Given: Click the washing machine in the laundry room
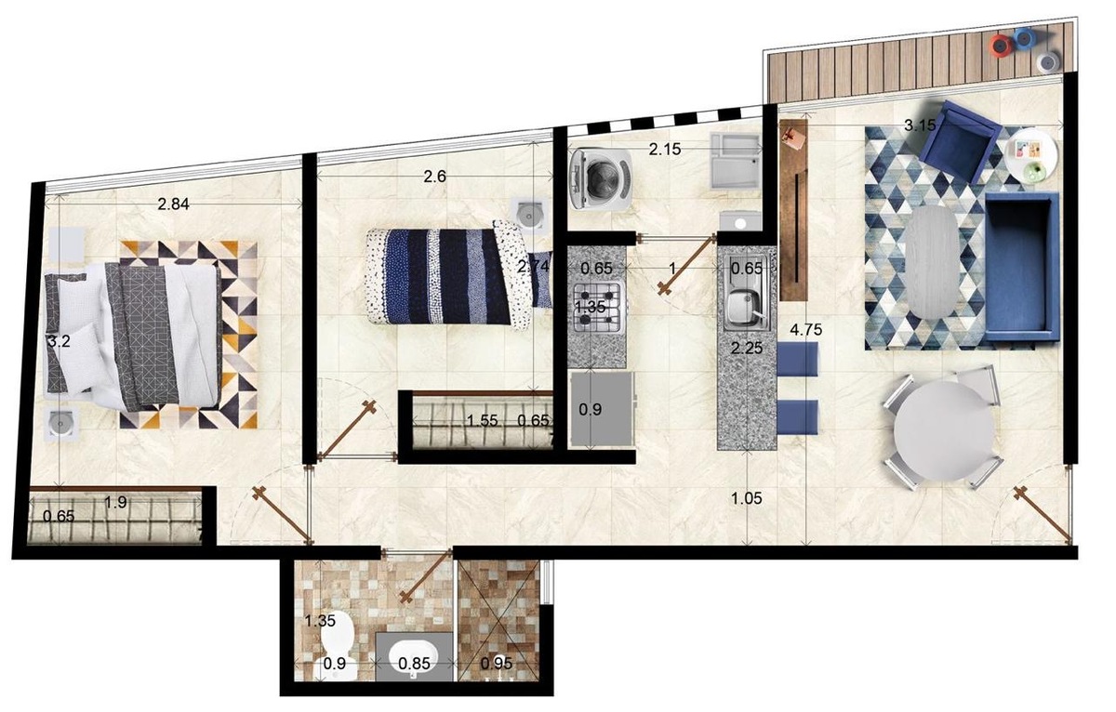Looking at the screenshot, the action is click(x=601, y=178).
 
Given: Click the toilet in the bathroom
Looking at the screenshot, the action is click(x=338, y=645).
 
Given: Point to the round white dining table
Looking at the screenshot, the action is click(x=943, y=431).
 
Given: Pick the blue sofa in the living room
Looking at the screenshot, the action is click(x=1021, y=268).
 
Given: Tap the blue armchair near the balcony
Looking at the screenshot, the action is click(x=960, y=141).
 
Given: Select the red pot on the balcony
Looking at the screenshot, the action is click(x=1001, y=46).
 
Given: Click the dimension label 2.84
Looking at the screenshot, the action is click(x=173, y=204).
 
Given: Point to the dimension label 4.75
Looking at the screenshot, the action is click(x=805, y=330).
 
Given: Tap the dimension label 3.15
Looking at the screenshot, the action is click(x=920, y=125).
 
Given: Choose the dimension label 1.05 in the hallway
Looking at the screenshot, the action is click(x=747, y=498).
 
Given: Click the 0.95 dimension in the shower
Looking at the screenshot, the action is click(x=497, y=664).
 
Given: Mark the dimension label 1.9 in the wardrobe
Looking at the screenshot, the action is click(x=115, y=502).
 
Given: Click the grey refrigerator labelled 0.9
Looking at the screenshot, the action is click(x=602, y=409).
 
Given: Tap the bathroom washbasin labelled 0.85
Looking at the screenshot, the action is click(x=415, y=656).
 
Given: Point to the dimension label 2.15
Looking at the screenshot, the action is click(x=665, y=149).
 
